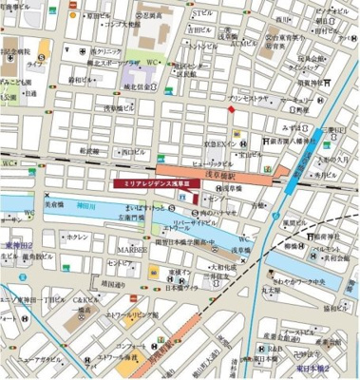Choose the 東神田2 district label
[x=19, y=244]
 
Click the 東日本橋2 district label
[x=337, y=366]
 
